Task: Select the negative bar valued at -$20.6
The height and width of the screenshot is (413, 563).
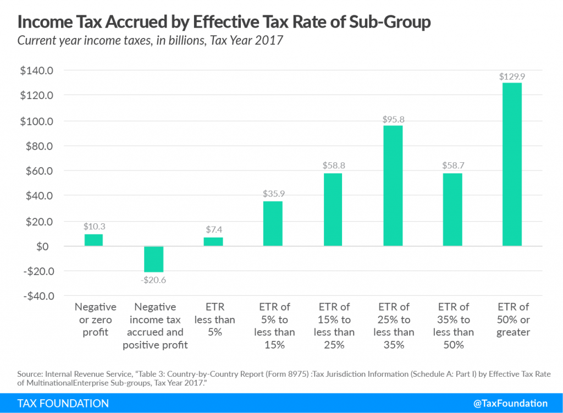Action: (x=153, y=259)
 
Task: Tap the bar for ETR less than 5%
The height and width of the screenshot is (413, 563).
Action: (x=213, y=241)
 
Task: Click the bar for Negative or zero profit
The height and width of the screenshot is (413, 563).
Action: (x=93, y=240)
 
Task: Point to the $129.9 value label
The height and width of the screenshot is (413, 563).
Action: (x=511, y=77)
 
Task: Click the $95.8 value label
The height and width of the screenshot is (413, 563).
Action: (x=393, y=119)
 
